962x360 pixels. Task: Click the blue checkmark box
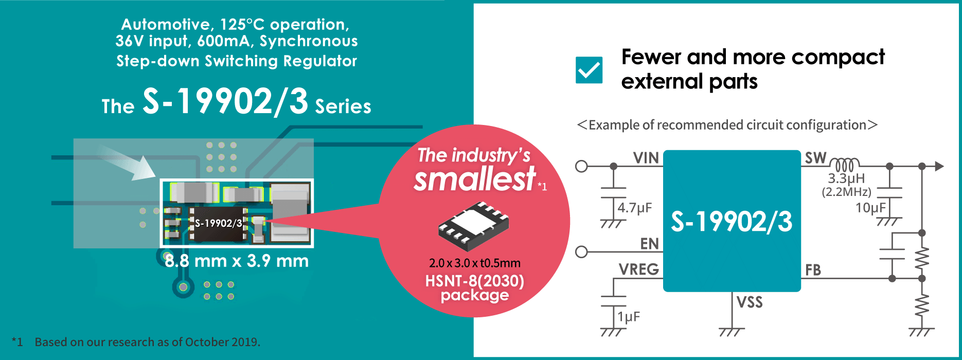pos(589,70)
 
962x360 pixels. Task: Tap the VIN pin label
pos(646,158)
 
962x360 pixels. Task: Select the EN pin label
pos(649,243)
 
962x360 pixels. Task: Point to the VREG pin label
pos(638,269)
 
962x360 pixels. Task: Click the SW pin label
pos(815,158)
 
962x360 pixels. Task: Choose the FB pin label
pos(813,270)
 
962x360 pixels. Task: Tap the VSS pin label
pos(750,302)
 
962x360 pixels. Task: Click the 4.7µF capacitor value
pos(635,208)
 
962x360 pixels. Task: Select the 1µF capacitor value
pos(629,317)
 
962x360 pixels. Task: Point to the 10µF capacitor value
pos(870,208)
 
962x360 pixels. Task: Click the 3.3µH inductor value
pos(846,178)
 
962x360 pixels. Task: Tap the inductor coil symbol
pos(844,165)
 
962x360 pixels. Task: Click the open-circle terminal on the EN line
pos(581,252)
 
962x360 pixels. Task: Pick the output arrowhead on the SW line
pos(939,166)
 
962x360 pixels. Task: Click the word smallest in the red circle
pos(475,179)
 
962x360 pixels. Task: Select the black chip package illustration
pos(473,226)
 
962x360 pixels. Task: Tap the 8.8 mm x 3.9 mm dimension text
pos(237,261)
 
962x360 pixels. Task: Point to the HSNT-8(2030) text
pos(475,281)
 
